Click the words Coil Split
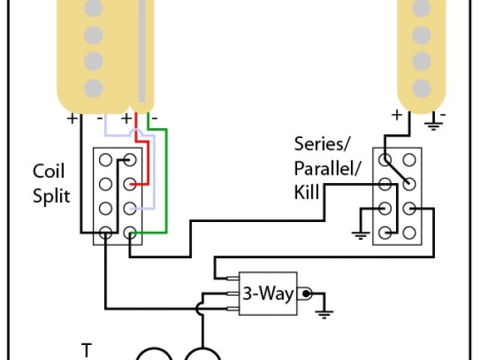[x=52, y=184]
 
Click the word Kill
[x=307, y=193]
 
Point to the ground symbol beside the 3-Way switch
[x=324, y=310]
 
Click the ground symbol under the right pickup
[x=433, y=123]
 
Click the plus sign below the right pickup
[x=395, y=115]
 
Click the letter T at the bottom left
[x=87, y=349]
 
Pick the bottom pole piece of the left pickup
[x=93, y=85]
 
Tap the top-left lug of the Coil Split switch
[x=106, y=160]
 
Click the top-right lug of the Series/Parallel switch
[x=409, y=160]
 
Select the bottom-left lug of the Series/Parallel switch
[x=385, y=232]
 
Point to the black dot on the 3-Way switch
[x=307, y=293]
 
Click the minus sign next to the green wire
[x=154, y=118]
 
